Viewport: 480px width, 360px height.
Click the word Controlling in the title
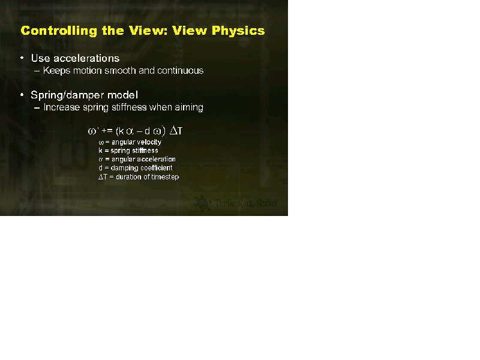(x=59, y=31)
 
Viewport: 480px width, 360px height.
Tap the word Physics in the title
(x=238, y=31)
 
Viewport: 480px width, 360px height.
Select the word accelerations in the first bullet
(x=86, y=58)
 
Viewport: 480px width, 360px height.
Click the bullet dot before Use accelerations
(x=22, y=58)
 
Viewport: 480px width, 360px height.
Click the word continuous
(x=180, y=70)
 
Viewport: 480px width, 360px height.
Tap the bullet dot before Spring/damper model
(x=22, y=95)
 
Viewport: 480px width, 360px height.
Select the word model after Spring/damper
(x=122, y=95)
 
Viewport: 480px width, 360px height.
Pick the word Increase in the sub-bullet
(x=62, y=107)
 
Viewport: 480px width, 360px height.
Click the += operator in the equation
(x=107, y=131)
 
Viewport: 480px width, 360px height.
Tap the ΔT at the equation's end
(x=176, y=131)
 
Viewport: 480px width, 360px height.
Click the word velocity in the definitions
(x=149, y=142)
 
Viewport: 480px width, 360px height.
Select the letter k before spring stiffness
(x=100, y=151)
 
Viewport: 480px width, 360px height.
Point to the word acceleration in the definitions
(x=156, y=159)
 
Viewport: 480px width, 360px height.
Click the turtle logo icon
(x=202, y=203)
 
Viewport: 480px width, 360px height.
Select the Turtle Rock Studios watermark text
(x=246, y=203)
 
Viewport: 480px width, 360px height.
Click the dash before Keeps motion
(x=37, y=71)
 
